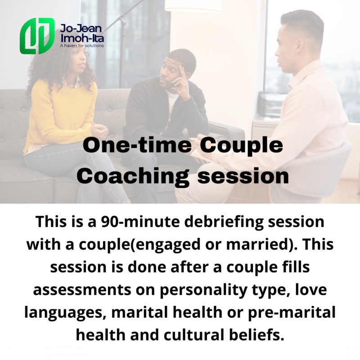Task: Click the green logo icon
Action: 37,36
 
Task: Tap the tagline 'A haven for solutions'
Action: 82,46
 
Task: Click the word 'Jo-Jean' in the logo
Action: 81,29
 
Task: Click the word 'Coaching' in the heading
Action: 133,177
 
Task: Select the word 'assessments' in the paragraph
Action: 82,290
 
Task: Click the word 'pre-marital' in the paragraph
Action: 292,313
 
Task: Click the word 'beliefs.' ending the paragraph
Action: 257,335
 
